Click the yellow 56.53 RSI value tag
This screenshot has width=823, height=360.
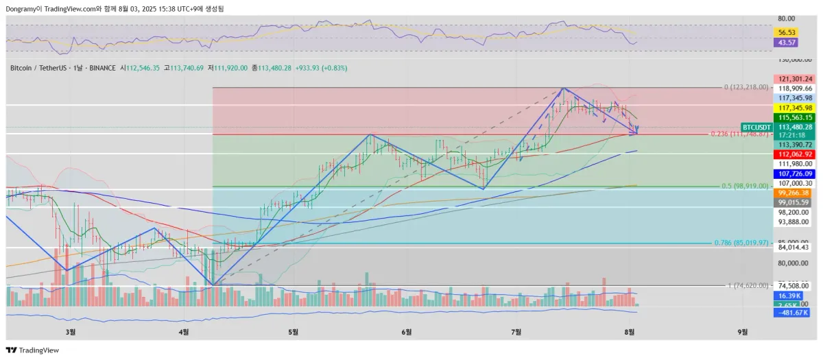click(x=786, y=32)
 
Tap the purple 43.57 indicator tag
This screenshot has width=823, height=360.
click(x=786, y=43)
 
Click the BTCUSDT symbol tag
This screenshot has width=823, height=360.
click(x=757, y=127)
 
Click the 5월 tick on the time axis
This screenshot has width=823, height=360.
click(x=294, y=332)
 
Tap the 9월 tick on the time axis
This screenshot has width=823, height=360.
click(x=743, y=332)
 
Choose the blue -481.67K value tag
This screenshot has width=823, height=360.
click(x=793, y=313)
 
